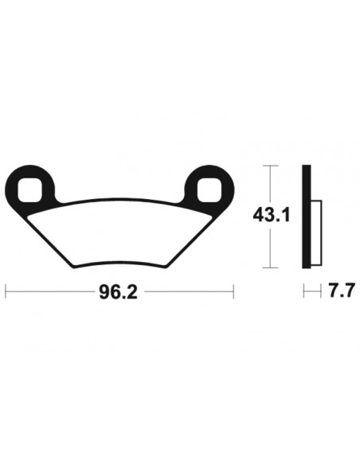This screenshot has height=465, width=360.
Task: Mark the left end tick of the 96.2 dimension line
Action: tap(6, 291)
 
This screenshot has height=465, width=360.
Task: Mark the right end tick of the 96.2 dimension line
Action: tap(233, 291)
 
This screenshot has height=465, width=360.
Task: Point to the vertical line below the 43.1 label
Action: tap(271, 248)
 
